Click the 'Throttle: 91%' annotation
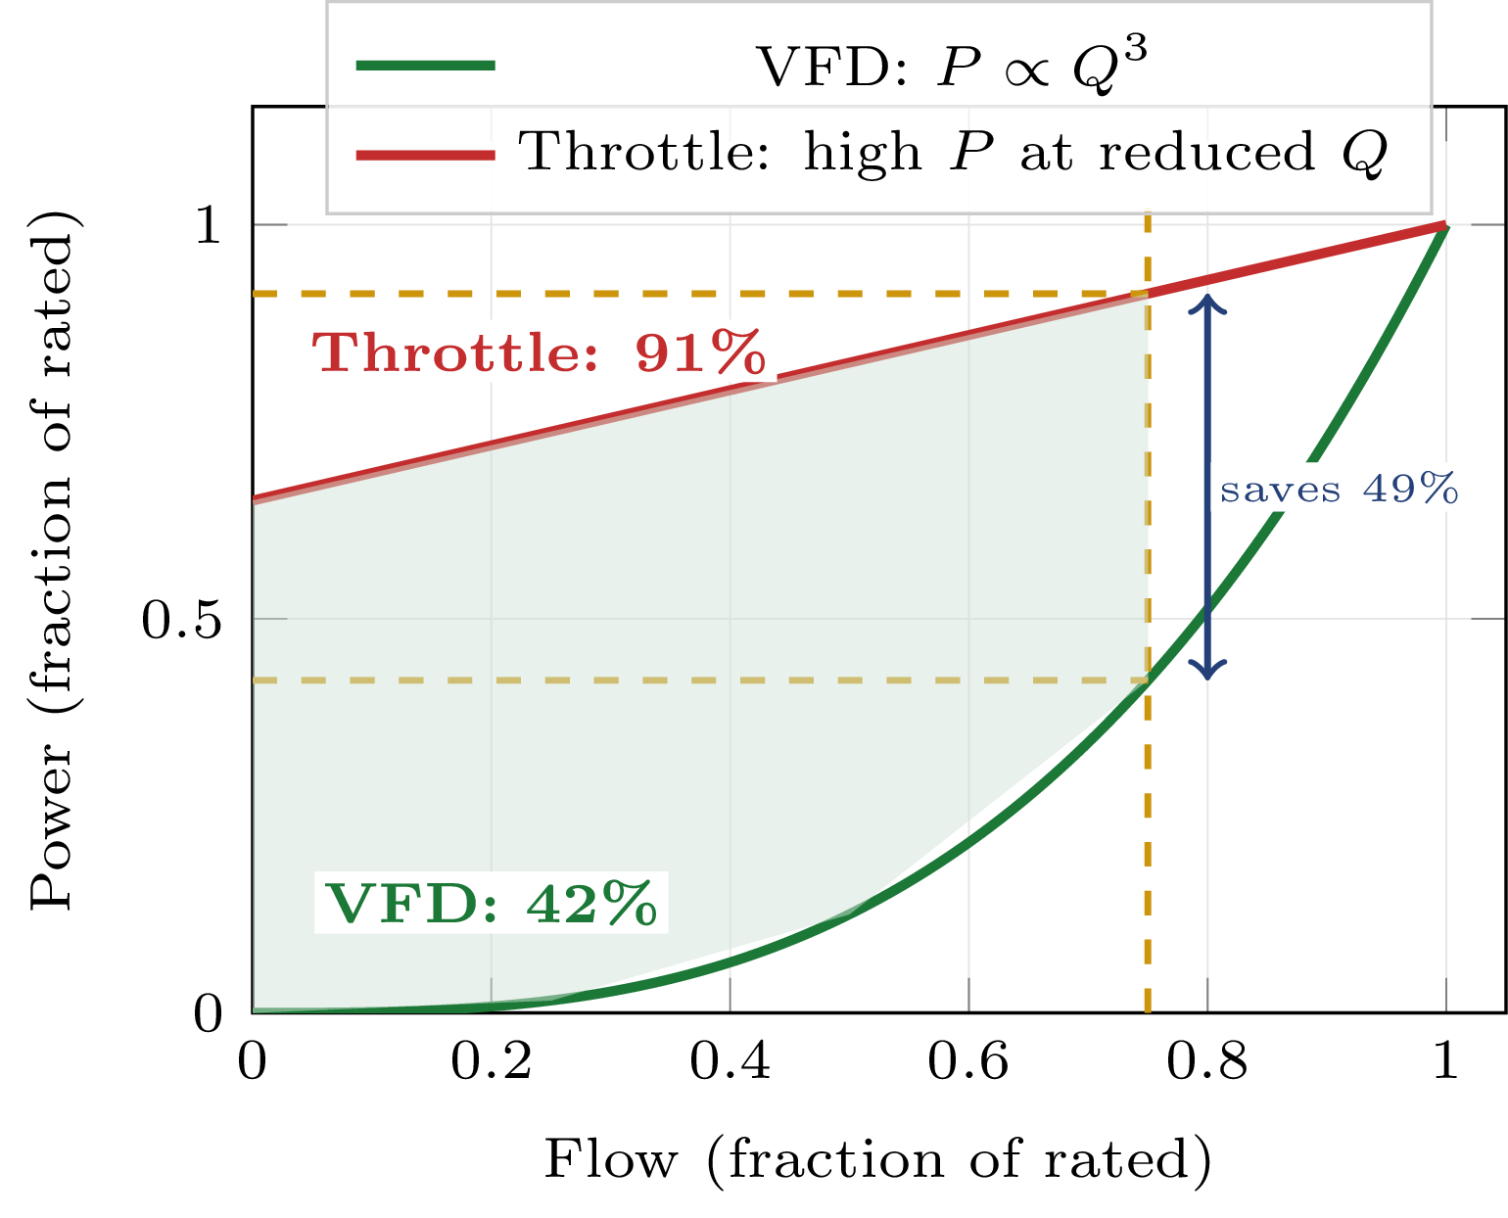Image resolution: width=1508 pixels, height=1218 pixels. click(x=539, y=352)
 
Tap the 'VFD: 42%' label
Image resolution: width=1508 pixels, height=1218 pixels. click(x=491, y=903)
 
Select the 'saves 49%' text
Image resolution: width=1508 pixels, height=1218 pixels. click(x=1339, y=489)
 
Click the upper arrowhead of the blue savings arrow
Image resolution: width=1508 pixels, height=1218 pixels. click(x=1207, y=302)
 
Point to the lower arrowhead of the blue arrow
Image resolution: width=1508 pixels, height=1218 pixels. click(x=1207, y=672)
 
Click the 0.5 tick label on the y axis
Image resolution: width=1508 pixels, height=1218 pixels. click(x=184, y=620)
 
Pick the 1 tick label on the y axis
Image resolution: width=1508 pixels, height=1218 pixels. click(x=208, y=226)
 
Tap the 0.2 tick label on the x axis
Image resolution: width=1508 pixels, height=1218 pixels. click(x=492, y=1061)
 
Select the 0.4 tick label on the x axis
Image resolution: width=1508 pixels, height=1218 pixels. click(x=730, y=1061)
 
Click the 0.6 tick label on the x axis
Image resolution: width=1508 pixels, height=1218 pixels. click(x=968, y=1061)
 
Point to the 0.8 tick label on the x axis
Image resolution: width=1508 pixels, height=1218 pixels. click(x=1207, y=1061)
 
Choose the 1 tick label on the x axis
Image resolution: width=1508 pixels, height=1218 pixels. click(x=1446, y=1061)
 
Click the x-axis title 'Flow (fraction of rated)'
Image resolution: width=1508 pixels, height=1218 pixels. click(x=878, y=1160)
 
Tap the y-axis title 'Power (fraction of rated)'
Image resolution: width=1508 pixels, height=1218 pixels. click(x=53, y=560)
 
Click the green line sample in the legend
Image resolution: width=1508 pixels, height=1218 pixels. click(x=426, y=66)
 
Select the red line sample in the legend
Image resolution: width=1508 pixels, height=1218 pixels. click(x=426, y=153)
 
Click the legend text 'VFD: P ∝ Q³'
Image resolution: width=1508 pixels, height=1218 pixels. click(x=951, y=67)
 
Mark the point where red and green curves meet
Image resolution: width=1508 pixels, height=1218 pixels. click(x=1445, y=225)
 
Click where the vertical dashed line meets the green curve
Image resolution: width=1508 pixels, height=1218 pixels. click(x=1148, y=680)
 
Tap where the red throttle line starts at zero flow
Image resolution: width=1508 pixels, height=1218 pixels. click(x=254, y=499)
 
